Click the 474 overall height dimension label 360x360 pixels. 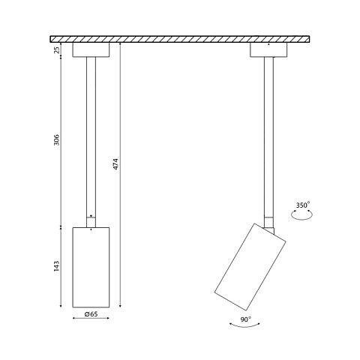[115, 164]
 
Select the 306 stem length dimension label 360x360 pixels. [57, 139]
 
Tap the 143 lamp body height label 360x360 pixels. [57, 266]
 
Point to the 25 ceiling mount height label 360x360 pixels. [57, 50]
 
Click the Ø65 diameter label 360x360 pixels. [91, 314]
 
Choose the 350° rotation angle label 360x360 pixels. [303, 205]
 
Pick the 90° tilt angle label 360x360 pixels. [246, 319]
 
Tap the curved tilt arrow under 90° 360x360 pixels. [244, 325]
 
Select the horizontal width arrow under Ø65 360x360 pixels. [91, 318]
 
